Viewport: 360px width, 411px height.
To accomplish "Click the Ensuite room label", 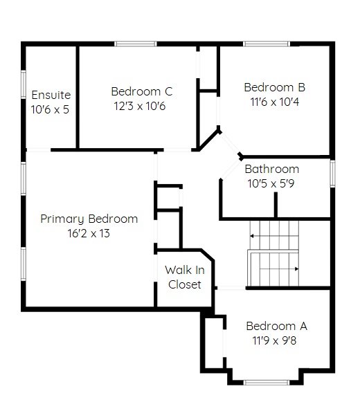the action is [x=51, y=95].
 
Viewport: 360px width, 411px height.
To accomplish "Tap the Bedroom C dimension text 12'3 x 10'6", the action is [x=140, y=106].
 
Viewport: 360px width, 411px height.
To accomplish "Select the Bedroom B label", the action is [x=275, y=87].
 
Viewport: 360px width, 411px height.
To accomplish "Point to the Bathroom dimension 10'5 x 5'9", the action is [x=271, y=183].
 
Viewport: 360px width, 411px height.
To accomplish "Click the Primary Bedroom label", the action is [x=89, y=219].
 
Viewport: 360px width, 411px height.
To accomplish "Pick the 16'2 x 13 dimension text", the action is [x=89, y=233].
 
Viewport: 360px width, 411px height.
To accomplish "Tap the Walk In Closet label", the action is [x=185, y=277].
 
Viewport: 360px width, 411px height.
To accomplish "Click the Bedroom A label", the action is [x=277, y=326].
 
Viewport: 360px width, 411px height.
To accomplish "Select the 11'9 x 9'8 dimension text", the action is [x=274, y=340].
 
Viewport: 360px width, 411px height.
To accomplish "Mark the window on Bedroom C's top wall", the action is [x=136, y=44].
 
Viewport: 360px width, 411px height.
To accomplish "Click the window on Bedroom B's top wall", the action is [x=267, y=44].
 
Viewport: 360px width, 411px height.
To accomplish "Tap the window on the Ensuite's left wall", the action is [x=24, y=84].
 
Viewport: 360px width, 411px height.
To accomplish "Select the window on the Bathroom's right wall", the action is [x=332, y=174].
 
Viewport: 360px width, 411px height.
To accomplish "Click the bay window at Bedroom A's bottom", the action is [x=267, y=383].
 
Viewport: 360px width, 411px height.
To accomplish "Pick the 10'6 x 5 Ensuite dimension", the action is [x=50, y=109].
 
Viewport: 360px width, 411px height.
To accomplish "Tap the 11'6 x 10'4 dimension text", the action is [x=275, y=102].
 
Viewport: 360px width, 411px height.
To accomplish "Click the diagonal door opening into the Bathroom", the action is [x=231, y=170].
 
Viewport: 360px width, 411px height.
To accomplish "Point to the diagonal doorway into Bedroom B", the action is [x=229, y=143].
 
